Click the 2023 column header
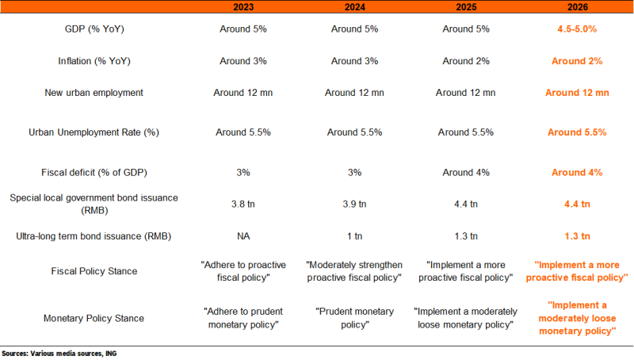(x=243, y=7)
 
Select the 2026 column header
(x=578, y=7)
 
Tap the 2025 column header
(x=466, y=7)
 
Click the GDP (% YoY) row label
(x=94, y=29)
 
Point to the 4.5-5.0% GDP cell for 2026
(x=577, y=29)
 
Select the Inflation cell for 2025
(x=466, y=61)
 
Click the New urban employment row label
(x=94, y=93)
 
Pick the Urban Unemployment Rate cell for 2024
(x=354, y=132)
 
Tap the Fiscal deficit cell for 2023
(x=243, y=172)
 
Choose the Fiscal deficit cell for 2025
(x=466, y=172)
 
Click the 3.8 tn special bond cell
(x=243, y=204)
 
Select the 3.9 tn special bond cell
(x=354, y=204)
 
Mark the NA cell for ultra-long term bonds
(x=243, y=236)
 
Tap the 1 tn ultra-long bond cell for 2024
(x=354, y=236)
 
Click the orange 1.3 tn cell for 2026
(x=577, y=236)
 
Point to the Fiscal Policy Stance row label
(x=94, y=271)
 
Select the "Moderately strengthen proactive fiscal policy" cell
(x=354, y=271)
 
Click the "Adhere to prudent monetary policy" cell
(x=243, y=318)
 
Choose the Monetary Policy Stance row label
(x=94, y=318)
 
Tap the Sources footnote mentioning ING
(x=59, y=354)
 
